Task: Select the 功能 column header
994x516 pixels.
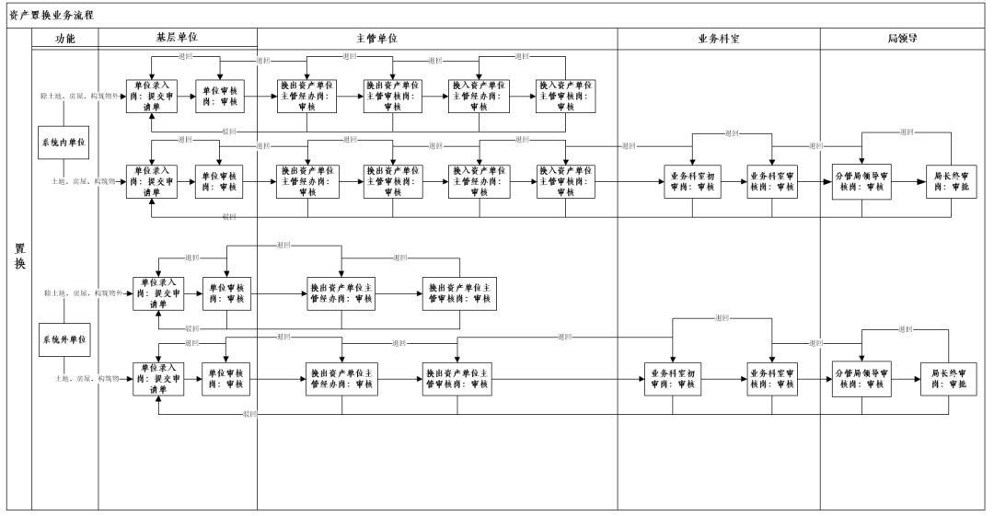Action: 64,40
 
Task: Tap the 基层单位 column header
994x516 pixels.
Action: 177,39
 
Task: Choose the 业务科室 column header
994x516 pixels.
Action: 718,40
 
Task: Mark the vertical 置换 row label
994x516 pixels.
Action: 18,257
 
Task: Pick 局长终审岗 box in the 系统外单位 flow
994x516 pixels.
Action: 948,378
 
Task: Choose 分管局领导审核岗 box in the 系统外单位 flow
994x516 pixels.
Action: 861,378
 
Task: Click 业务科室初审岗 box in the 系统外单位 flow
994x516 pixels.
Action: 674,378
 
